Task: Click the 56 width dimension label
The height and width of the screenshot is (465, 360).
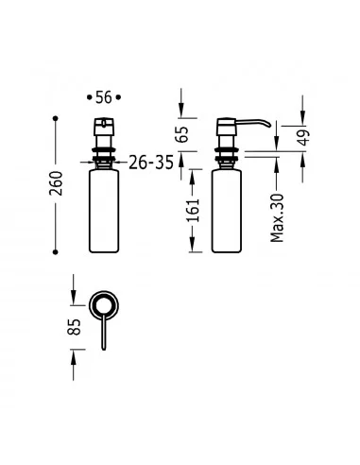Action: pyautogui.click(x=104, y=97)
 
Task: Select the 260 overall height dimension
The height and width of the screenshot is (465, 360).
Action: pyautogui.click(x=56, y=183)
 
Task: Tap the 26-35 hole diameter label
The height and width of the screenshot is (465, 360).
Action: pyautogui.click(x=151, y=163)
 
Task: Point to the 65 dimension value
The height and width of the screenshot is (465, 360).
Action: pyautogui.click(x=182, y=134)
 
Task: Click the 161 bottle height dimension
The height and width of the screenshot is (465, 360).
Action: pyautogui.click(x=194, y=210)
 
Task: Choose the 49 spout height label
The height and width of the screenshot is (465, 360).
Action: pyautogui.click(x=303, y=137)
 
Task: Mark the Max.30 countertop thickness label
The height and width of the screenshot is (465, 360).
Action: pyautogui.click(x=277, y=218)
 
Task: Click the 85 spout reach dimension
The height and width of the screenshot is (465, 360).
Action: pyautogui.click(x=75, y=327)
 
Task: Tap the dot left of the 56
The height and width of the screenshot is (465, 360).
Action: pyautogui.click(x=89, y=97)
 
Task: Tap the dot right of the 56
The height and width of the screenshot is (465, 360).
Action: pyautogui.click(x=118, y=97)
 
